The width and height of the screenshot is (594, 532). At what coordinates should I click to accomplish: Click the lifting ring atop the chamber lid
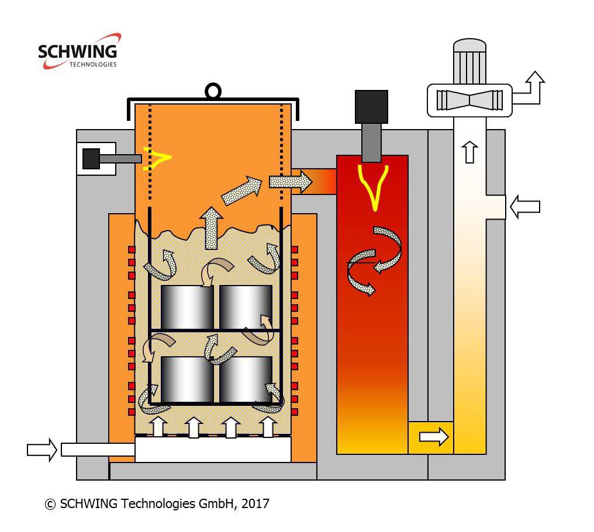click(x=213, y=91)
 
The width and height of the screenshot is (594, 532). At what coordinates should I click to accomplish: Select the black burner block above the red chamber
click(x=371, y=106)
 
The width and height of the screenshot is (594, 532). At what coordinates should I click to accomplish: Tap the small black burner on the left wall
click(x=91, y=158)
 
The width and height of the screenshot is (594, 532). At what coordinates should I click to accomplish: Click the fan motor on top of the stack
click(x=470, y=61)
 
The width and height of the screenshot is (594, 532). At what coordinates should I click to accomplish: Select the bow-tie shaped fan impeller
click(x=469, y=99)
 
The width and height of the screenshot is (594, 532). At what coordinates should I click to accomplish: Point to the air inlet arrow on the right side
click(x=524, y=207)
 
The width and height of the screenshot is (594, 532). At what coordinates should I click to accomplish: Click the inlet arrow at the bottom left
click(x=42, y=449)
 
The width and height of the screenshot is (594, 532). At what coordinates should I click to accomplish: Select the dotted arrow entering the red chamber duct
click(x=290, y=182)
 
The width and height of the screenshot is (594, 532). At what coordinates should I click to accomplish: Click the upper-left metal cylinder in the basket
click(x=187, y=307)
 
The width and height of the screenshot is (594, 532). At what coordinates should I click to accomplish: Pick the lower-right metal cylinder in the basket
click(x=246, y=379)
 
